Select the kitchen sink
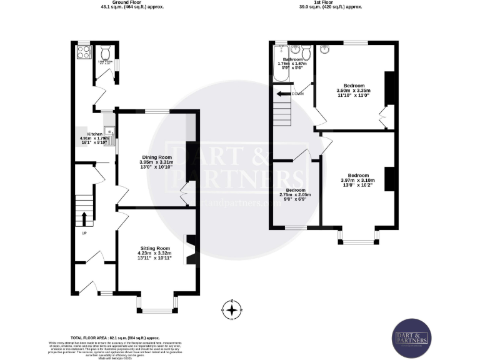[x=109, y=132]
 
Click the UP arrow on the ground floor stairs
[x=84, y=219]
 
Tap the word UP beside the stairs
[x=84, y=233]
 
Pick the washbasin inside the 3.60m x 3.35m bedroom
[x=325, y=49]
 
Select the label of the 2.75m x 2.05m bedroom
[x=296, y=190]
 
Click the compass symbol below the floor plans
[x=232, y=309]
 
